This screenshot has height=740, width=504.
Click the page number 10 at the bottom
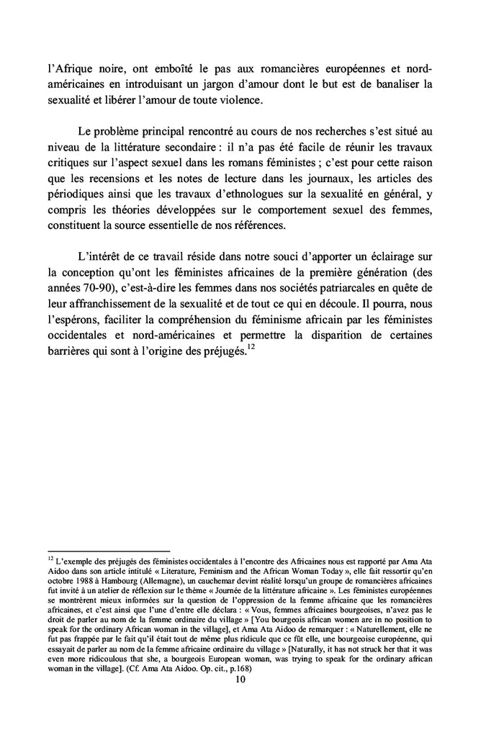coord(251,669)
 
